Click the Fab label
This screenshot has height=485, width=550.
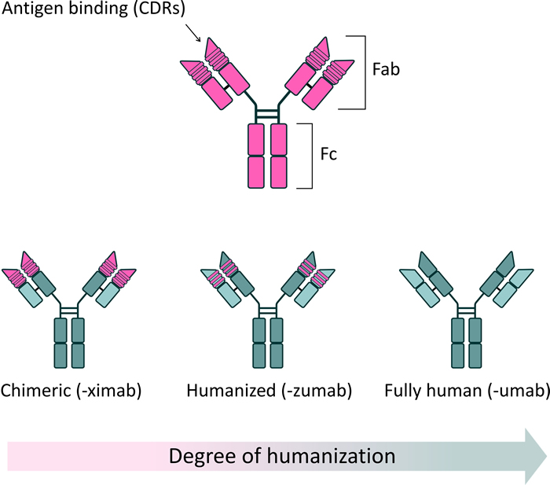[x=386, y=69]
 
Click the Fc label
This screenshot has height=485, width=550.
[x=328, y=154]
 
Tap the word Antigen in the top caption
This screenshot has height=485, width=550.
[x=33, y=9]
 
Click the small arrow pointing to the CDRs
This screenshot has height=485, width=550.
[x=192, y=33]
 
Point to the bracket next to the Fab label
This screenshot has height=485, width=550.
[x=365, y=72]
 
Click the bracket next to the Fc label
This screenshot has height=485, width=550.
[x=312, y=156]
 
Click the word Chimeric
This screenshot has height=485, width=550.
[x=35, y=390]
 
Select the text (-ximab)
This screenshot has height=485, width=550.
[x=109, y=391]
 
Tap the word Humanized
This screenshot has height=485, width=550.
[x=231, y=390]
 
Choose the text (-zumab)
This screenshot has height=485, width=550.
[x=317, y=391]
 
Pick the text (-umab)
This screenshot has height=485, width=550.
[x=519, y=391]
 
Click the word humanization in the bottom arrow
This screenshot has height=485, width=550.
[x=331, y=455]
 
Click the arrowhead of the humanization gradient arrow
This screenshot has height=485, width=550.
[x=537, y=456]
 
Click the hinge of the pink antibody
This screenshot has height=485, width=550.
[x=267, y=114]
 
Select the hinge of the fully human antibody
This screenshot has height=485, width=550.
[x=467, y=310]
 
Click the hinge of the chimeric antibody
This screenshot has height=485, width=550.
[x=69, y=310]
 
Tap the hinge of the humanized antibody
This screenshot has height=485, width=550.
[x=268, y=310]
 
